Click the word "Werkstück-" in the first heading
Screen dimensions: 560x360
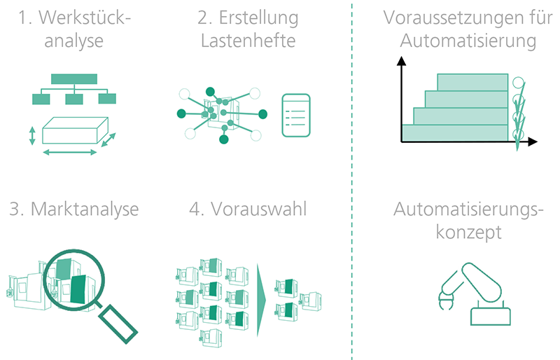84,18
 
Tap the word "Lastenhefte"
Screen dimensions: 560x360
248,41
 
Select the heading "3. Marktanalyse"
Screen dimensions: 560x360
74,209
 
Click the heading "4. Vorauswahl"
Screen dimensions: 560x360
248,209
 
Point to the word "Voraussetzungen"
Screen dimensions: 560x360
451,18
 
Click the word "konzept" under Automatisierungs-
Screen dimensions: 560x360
468,233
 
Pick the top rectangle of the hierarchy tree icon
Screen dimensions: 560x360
74,79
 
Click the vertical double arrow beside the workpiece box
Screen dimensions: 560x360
32,136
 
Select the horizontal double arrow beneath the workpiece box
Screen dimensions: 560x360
70,152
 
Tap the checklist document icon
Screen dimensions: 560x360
296,116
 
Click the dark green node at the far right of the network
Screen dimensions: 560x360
263,114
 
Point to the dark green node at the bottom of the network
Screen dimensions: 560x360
223,139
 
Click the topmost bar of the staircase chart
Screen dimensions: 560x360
472,82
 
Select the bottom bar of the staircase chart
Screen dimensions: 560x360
455,132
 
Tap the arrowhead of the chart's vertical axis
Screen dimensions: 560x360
401,61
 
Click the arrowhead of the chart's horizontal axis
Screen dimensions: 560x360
533,141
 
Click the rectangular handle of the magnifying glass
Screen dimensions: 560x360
118,324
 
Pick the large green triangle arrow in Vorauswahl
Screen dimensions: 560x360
262,300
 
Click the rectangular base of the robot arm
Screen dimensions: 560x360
491,317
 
